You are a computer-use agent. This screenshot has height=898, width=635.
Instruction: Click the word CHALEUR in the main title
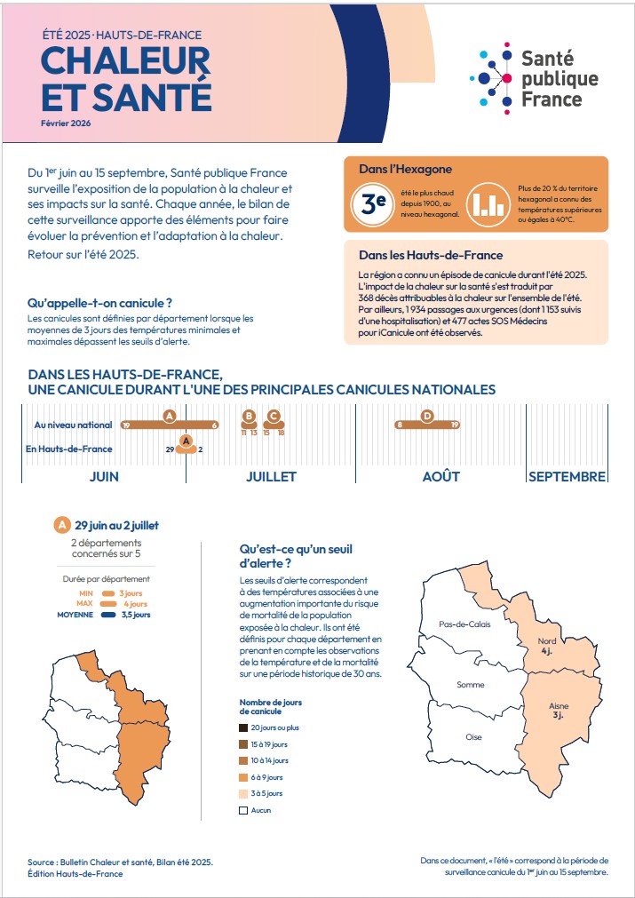(126, 60)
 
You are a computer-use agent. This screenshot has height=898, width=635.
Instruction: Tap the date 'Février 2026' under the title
(66, 123)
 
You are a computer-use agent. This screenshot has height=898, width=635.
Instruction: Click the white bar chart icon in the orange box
(485, 203)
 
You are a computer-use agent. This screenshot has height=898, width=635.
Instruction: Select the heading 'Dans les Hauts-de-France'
(431, 255)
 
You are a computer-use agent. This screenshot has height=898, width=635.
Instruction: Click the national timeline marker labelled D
(427, 416)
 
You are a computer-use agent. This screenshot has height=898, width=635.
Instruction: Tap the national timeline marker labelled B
(249, 416)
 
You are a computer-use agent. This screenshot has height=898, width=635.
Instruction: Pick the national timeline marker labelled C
(274, 416)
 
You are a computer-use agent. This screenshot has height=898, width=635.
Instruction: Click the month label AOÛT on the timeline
(441, 476)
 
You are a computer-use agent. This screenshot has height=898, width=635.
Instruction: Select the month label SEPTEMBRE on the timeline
(568, 476)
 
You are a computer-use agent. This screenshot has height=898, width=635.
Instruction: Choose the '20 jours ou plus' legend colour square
(242, 727)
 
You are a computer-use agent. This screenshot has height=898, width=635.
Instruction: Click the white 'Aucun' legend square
(242, 810)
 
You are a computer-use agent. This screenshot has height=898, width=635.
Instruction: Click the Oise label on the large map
(473, 737)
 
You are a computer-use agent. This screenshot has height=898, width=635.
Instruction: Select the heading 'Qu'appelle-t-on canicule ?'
(99, 304)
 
